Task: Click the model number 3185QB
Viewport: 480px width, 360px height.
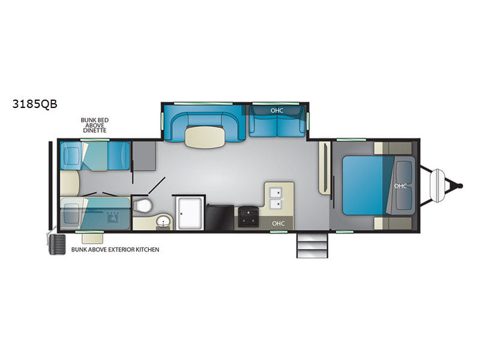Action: (x=35, y=104)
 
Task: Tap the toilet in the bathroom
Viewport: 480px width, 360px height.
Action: (x=142, y=205)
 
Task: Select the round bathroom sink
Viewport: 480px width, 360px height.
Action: (x=164, y=221)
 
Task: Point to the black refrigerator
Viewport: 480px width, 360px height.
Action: (x=220, y=217)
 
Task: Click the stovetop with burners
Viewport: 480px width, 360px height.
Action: (x=248, y=217)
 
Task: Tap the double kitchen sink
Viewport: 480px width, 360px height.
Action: (x=275, y=199)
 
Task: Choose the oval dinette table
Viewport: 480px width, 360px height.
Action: (x=205, y=137)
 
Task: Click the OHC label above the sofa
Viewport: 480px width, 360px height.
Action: (x=277, y=110)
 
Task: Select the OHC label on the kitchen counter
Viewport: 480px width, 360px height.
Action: (x=278, y=223)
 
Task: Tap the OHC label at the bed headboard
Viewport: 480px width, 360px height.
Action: (x=400, y=186)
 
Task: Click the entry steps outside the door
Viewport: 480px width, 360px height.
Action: (x=312, y=245)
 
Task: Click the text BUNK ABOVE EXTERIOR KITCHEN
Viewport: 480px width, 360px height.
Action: (x=115, y=250)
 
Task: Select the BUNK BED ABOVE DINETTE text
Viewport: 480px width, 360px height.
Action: (x=95, y=125)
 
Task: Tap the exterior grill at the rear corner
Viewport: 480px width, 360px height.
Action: (x=57, y=245)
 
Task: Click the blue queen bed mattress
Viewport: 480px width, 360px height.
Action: (x=368, y=185)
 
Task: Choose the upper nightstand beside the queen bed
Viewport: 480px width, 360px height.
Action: (x=393, y=148)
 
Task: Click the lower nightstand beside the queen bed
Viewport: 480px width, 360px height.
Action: (x=393, y=223)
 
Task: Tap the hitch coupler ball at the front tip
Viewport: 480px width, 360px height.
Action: (x=460, y=185)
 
